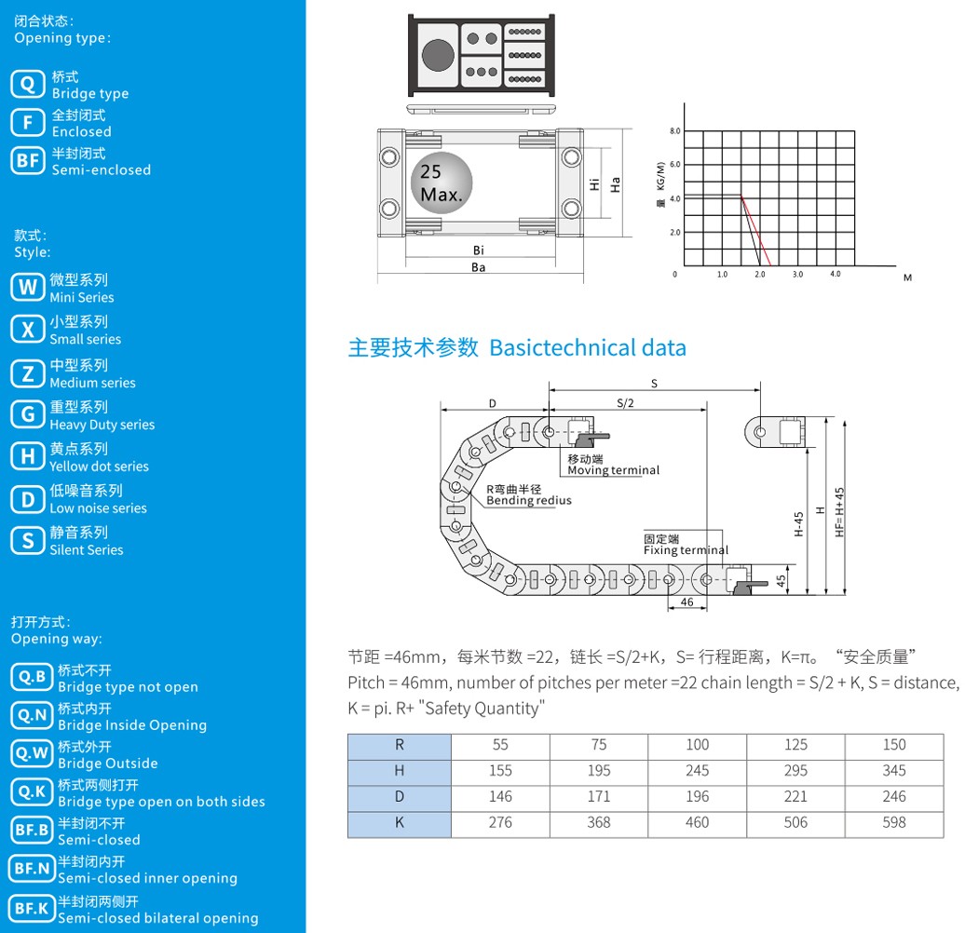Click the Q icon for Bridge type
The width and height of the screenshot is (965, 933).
[x=28, y=84]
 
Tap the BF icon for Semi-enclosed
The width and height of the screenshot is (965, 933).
[x=28, y=160]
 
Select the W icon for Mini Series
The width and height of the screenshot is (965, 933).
[x=28, y=287]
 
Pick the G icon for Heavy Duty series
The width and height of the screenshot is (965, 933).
[x=28, y=414]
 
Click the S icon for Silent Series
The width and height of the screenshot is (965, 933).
[x=28, y=541]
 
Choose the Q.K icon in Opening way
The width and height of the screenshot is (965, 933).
[x=32, y=792]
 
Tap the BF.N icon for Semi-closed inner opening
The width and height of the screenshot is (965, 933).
[x=32, y=869]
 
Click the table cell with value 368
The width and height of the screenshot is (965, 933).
[x=599, y=822]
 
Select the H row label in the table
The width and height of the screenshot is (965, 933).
[x=400, y=771]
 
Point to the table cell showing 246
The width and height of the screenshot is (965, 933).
[x=894, y=796]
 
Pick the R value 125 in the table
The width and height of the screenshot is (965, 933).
[x=795, y=745]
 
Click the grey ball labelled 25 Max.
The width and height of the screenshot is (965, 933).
[x=442, y=183]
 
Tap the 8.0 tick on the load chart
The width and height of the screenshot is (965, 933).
[x=675, y=131]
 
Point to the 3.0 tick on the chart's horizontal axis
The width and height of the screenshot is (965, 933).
[x=797, y=275]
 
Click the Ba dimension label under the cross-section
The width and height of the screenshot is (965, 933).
[x=478, y=267]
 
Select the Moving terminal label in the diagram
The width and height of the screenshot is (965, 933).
[x=613, y=470]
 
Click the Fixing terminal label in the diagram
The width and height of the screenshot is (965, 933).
[x=686, y=549]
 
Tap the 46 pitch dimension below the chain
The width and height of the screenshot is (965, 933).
[x=686, y=602]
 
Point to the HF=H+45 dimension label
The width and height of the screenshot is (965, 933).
[x=839, y=512]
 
